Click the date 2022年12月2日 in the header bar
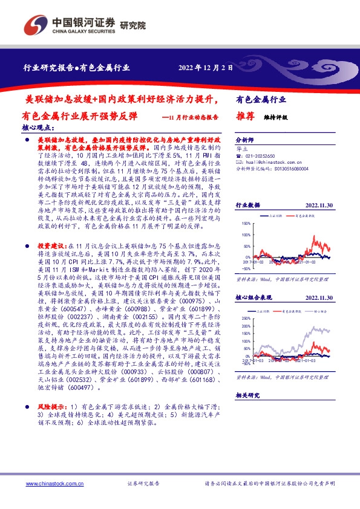click(x=206, y=68)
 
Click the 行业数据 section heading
click(x=247, y=205)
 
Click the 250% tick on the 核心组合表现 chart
click(x=247, y=317)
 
